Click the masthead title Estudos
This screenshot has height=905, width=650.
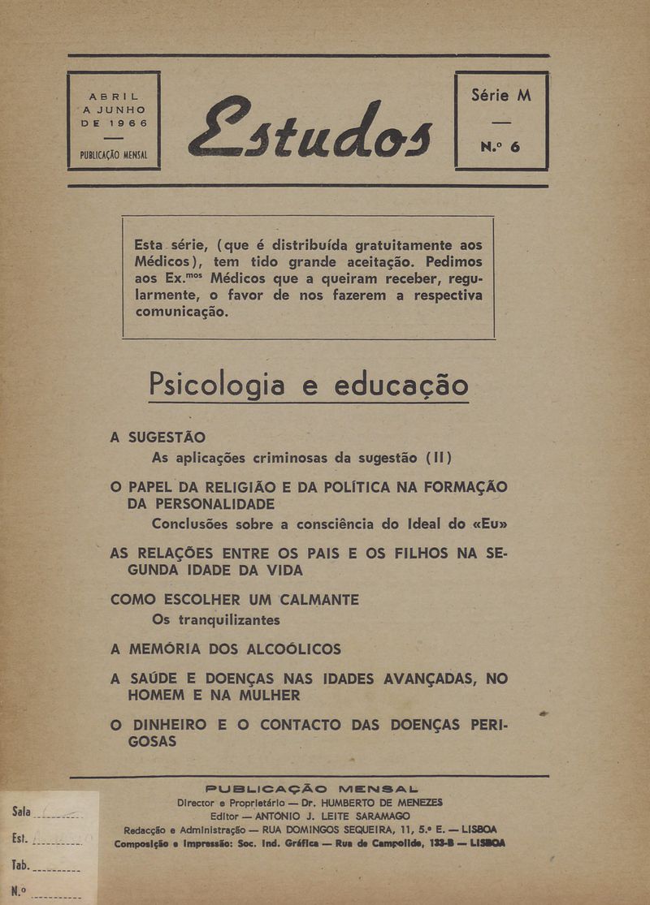coord(310,127)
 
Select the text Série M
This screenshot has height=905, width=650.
coord(501,95)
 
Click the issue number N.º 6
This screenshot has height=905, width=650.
coord(500,147)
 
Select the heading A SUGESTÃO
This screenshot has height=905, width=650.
coord(158,437)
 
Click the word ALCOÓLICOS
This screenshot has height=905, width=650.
coord(284,649)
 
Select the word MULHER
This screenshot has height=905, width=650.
coord(261,696)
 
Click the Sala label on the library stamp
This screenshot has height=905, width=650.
coord(23,812)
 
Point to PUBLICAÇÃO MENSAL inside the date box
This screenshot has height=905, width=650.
coord(114,153)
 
